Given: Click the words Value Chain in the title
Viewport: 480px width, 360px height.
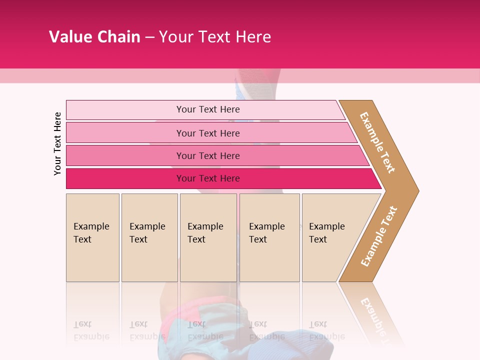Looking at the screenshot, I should [x=94, y=36].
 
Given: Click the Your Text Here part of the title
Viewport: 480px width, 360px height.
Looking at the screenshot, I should [x=215, y=36].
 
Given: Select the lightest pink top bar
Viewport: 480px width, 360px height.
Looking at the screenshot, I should [x=125, y=110].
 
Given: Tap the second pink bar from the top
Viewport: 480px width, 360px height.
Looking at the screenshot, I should [x=125, y=133].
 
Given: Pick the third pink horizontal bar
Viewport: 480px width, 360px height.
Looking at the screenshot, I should [x=125, y=155].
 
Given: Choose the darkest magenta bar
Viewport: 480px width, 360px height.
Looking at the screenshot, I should [x=125, y=178].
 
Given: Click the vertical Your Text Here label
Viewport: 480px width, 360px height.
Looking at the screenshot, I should [x=57, y=143].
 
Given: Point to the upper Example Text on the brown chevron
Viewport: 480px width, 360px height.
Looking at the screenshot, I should [x=377, y=142].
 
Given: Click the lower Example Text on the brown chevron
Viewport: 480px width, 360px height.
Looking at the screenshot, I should [x=378, y=236].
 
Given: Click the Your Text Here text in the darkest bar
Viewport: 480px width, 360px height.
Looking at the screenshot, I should [x=208, y=178].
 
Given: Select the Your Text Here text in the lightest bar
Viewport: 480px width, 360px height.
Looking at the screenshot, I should [x=208, y=109].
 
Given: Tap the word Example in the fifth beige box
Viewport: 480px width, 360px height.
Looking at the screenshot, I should [x=327, y=226].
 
